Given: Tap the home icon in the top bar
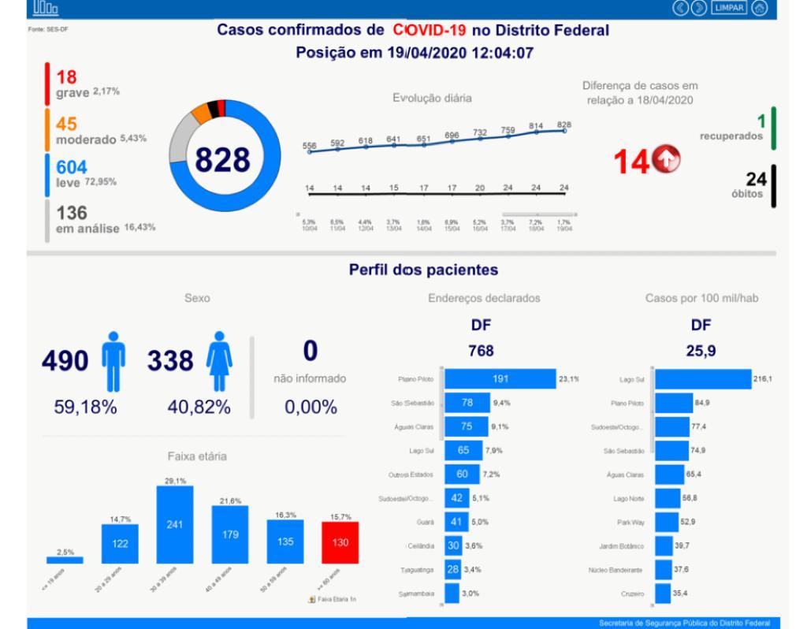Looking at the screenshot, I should (x=760, y=9).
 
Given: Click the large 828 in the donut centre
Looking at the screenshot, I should (x=222, y=160).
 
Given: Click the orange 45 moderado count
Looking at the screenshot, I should (x=66, y=125).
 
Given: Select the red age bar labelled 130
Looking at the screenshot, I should (x=340, y=542).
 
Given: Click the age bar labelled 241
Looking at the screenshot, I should (x=175, y=524).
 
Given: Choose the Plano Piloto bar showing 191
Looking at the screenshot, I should (x=500, y=379).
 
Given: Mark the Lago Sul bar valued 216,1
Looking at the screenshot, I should (x=703, y=379).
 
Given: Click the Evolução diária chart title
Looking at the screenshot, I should (x=432, y=99).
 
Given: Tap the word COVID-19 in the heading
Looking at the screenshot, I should (x=430, y=31).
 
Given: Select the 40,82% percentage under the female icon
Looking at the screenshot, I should (x=199, y=408).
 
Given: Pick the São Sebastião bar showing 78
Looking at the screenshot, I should (x=467, y=404).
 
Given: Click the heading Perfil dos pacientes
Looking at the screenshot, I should (x=423, y=270).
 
